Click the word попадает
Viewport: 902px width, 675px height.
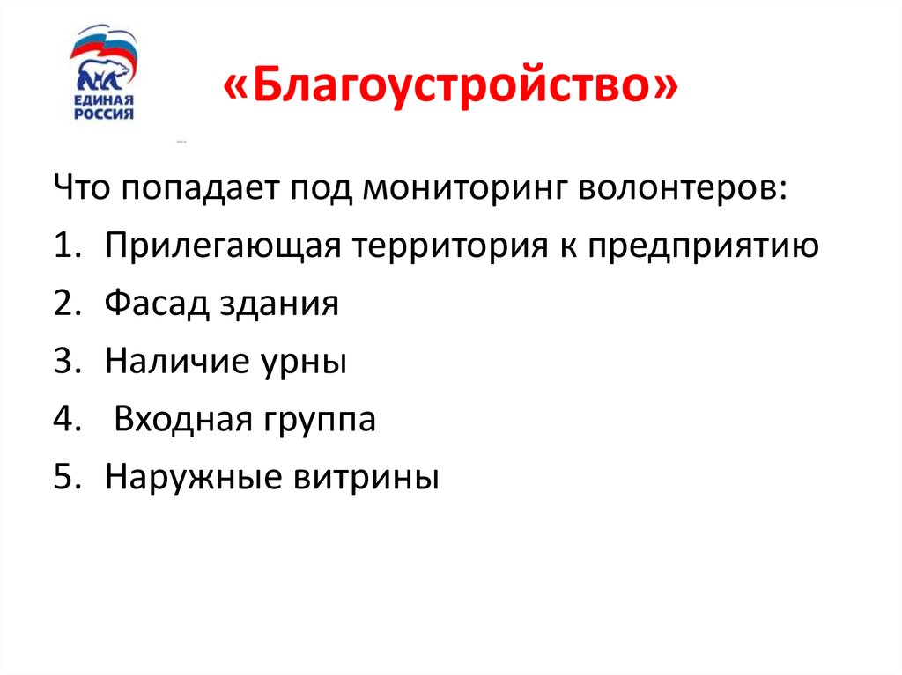pos(206,189)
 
